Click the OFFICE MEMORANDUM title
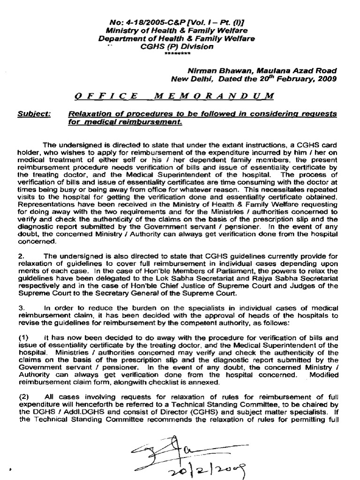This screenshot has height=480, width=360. coord(171,96)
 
